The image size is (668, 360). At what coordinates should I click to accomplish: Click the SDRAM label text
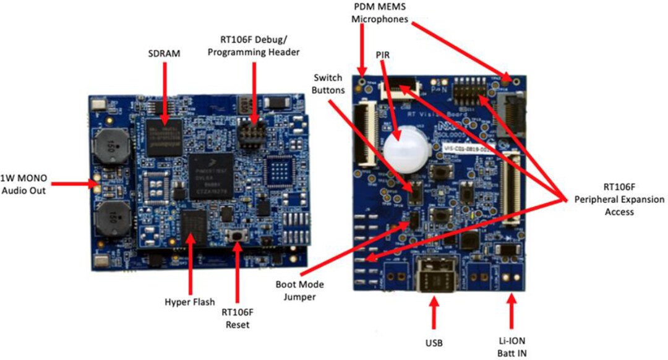tap(165, 54)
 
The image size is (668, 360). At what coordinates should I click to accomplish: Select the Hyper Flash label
tap(190, 302)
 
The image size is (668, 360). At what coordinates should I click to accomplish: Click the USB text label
tap(435, 341)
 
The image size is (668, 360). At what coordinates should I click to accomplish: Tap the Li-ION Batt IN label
tap(512, 346)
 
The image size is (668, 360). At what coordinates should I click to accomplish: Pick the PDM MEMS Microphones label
tap(380, 13)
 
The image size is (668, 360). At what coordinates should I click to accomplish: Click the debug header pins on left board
tap(251, 134)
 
